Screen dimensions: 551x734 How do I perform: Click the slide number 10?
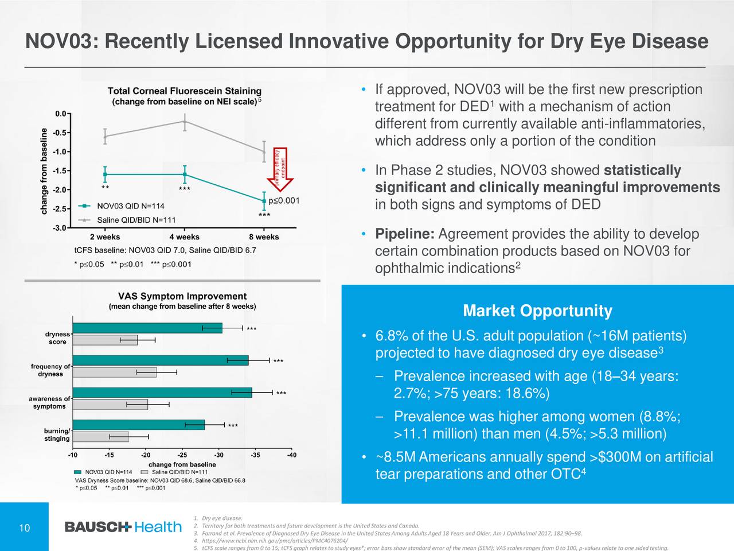pyautogui.click(x=25, y=529)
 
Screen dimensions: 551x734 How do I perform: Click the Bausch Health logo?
pyautogui.click(x=123, y=527)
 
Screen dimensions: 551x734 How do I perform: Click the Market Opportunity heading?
pyautogui.click(x=537, y=311)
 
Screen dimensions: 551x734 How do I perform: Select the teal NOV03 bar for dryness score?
pyautogui.click(x=147, y=328)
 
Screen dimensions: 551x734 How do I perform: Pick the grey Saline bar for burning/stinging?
pyautogui.click(x=101, y=437)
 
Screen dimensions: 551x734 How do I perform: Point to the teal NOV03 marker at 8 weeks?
pyautogui.click(x=264, y=201)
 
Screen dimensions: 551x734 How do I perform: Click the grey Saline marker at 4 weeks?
pyautogui.click(x=185, y=121)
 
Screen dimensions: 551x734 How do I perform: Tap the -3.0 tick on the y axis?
pyautogui.click(x=60, y=228)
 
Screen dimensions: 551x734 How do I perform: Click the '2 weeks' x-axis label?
pyautogui.click(x=105, y=237)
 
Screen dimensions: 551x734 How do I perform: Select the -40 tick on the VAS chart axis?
pyautogui.click(x=291, y=455)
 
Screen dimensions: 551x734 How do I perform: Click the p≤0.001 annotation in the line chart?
pyautogui.click(x=284, y=200)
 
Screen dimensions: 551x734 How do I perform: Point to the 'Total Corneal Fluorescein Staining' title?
pyautogui.click(x=184, y=91)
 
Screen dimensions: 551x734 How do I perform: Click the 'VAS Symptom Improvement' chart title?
pyautogui.click(x=182, y=296)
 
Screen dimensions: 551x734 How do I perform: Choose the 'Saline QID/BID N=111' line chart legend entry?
pyautogui.click(x=136, y=220)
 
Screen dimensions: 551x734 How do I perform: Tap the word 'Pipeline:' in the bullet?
pyautogui.click(x=406, y=234)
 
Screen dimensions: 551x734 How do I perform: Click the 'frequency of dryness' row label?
pyautogui.click(x=50, y=370)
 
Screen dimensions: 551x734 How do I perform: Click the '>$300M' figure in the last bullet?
pyautogui.click(x=615, y=457)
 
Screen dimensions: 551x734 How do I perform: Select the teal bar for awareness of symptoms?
pyautogui.click(x=162, y=393)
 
